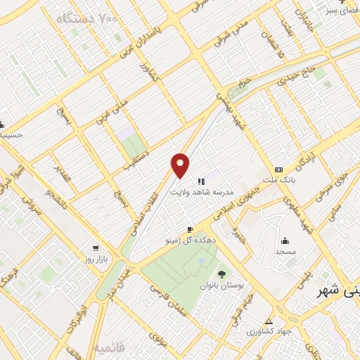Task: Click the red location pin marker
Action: click(x=181, y=165)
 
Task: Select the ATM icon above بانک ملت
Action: click(x=279, y=170)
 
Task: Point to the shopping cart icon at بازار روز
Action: click(x=95, y=248)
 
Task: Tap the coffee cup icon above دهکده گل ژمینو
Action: click(x=190, y=230)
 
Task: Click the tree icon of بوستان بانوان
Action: click(x=222, y=274)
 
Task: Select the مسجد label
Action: click(x=285, y=251)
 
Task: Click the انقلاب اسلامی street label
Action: click(x=143, y=210)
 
